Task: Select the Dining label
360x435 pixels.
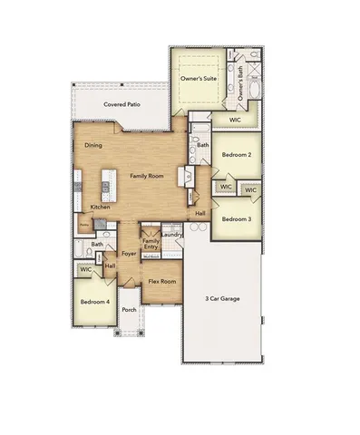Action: coord(92,145)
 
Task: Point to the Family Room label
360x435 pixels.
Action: coord(146,175)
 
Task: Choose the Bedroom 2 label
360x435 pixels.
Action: coord(237,154)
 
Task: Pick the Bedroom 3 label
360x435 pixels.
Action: coord(237,218)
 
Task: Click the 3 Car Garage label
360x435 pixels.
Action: coord(221,296)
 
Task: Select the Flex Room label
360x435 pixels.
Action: coord(161,282)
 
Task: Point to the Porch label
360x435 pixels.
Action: coord(129,309)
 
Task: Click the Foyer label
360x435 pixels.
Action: coord(129,254)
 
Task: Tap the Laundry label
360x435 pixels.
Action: coord(171,235)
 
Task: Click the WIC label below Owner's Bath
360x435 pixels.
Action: coord(234,119)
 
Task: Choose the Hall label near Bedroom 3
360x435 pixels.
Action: coord(200,213)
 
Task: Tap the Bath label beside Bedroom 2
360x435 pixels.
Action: coord(203,144)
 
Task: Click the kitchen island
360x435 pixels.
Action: coord(106,186)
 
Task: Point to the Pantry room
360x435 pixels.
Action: coord(83,224)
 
